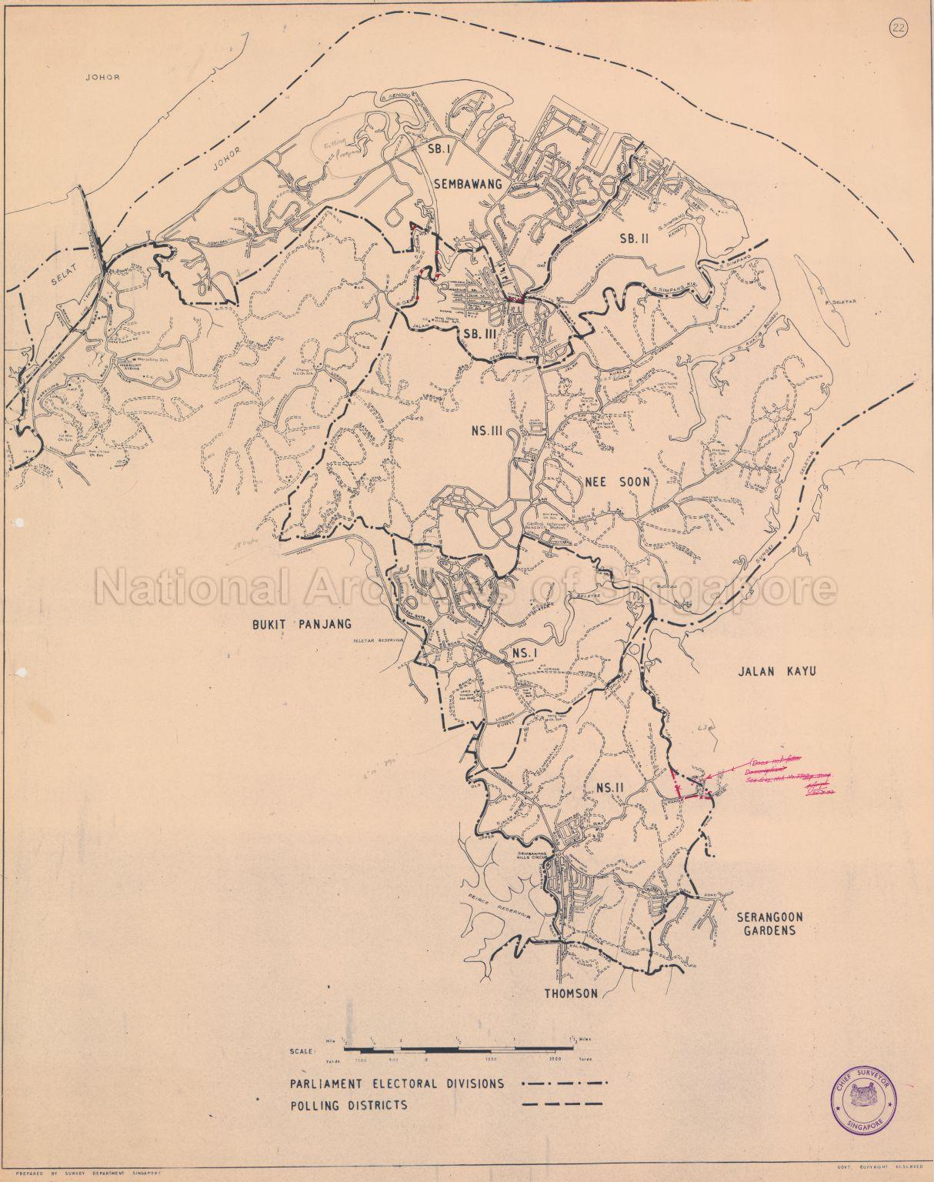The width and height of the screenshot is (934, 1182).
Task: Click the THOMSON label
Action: click(x=571, y=993)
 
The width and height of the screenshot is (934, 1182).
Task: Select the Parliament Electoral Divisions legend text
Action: click(x=397, y=1083)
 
